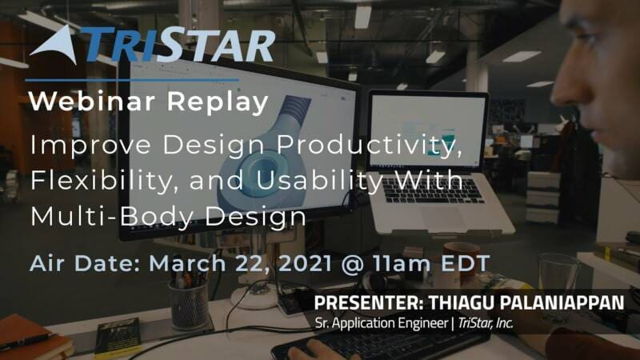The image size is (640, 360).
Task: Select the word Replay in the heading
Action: point(218,102)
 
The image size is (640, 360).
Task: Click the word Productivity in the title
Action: point(370,145)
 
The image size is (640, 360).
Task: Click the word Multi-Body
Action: point(111,216)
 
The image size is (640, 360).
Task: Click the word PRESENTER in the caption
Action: point(369,303)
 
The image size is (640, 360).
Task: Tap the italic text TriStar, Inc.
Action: point(486,323)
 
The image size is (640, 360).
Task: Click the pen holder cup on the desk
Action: point(189,306)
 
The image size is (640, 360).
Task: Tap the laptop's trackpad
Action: point(443,218)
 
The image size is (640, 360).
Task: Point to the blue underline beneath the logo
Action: point(132,80)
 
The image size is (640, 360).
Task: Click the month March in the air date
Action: point(187,263)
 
